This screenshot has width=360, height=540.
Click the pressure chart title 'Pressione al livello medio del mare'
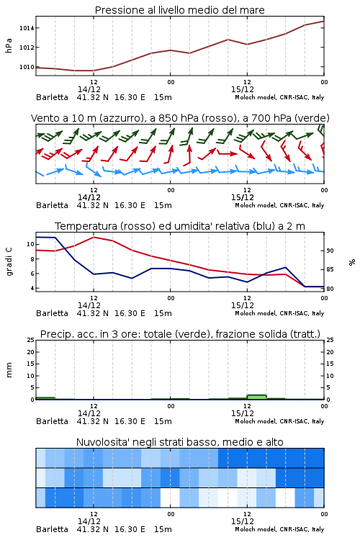point(179,10)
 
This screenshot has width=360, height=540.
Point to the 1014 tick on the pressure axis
point(27,28)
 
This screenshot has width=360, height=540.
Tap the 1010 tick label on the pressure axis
point(27,67)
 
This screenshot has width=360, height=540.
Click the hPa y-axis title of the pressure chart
point(9,45)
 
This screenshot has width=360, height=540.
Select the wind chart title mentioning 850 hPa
point(180,118)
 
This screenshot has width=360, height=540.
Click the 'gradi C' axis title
point(9,261)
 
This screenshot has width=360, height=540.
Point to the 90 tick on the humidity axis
point(330,251)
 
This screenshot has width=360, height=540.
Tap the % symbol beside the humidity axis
point(352,262)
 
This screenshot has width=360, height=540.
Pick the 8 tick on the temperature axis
point(32,259)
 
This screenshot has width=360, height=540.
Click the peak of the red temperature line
point(94,237)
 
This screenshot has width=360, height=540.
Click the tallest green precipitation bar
point(256,397)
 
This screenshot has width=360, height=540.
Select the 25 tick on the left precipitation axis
point(31,340)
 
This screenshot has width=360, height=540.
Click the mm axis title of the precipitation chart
point(9,369)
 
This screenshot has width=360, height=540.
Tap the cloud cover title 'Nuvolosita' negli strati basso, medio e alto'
point(179,442)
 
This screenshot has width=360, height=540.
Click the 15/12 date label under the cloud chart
point(243,521)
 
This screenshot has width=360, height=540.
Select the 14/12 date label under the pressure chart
point(89,89)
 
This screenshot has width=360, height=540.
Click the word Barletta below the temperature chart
point(52,313)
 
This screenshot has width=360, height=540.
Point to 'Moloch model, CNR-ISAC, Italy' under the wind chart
point(279,205)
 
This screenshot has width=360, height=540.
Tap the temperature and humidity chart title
point(179,226)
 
